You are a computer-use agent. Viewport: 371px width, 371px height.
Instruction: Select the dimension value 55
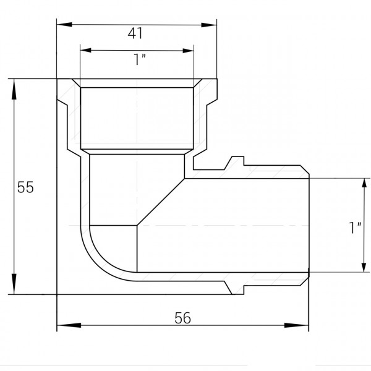tap(25, 187)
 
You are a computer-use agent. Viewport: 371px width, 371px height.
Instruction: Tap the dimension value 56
tap(183, 317)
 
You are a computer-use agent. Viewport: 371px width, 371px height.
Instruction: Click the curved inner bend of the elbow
tap(93, 254)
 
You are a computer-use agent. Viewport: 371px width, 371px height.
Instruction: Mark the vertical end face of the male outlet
tap(308, 226)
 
